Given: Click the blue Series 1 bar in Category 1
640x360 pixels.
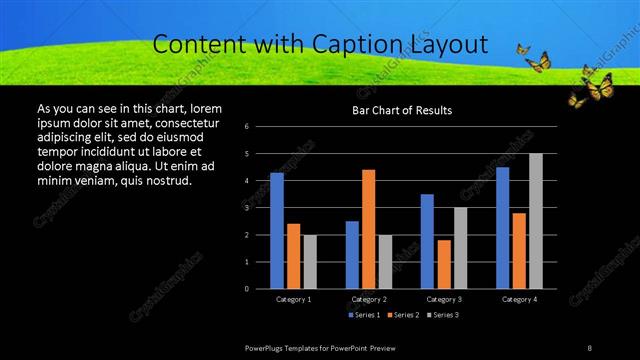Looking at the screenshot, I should (x=277, y=231).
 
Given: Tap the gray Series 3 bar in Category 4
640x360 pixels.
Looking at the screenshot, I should (x=536, y=221).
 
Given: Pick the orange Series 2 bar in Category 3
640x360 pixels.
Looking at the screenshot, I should (x=444, y=264).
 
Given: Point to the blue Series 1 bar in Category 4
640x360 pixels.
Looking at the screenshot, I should (x=502, y=228).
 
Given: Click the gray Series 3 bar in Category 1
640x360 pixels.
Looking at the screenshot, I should (x=310, y=262).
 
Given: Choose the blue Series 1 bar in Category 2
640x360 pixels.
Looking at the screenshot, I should (x=352, y=255).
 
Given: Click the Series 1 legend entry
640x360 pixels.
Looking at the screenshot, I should (x=362, y=315).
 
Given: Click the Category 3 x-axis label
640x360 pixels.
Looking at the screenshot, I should (x=444, y=299).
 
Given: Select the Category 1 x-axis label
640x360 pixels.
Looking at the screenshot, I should (x=293, y=299).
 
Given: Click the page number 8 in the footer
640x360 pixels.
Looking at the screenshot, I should (x=590, y=347).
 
